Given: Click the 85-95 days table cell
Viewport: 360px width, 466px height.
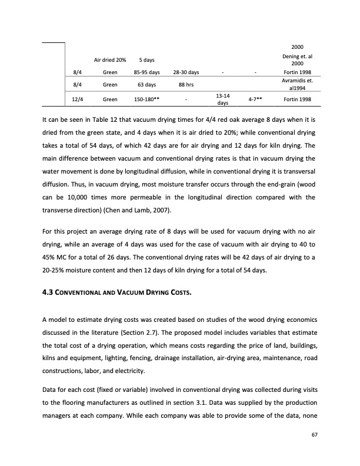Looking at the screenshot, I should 147,72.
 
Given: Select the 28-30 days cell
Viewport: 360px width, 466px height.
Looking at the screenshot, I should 185,72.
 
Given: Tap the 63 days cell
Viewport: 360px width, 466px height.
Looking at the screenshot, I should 147,84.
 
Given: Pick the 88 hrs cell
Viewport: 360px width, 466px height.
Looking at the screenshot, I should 185,84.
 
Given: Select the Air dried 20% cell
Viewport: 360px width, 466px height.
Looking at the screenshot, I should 110,60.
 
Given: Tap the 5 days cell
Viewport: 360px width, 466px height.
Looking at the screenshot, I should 147,60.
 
